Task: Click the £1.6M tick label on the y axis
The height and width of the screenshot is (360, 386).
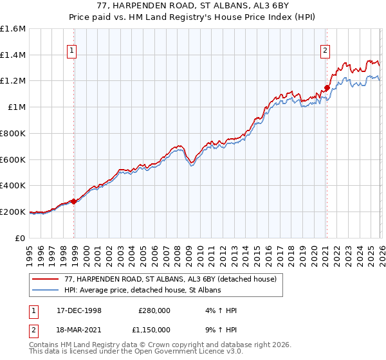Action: [x=13, y=29]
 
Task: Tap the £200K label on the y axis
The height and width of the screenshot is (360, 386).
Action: [x=13, y=212]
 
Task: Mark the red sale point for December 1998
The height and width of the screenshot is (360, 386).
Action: [x=74, y=201]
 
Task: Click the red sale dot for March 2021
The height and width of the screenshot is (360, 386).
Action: [x=327, y=87]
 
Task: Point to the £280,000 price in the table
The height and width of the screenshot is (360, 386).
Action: [x=154, y=310]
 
